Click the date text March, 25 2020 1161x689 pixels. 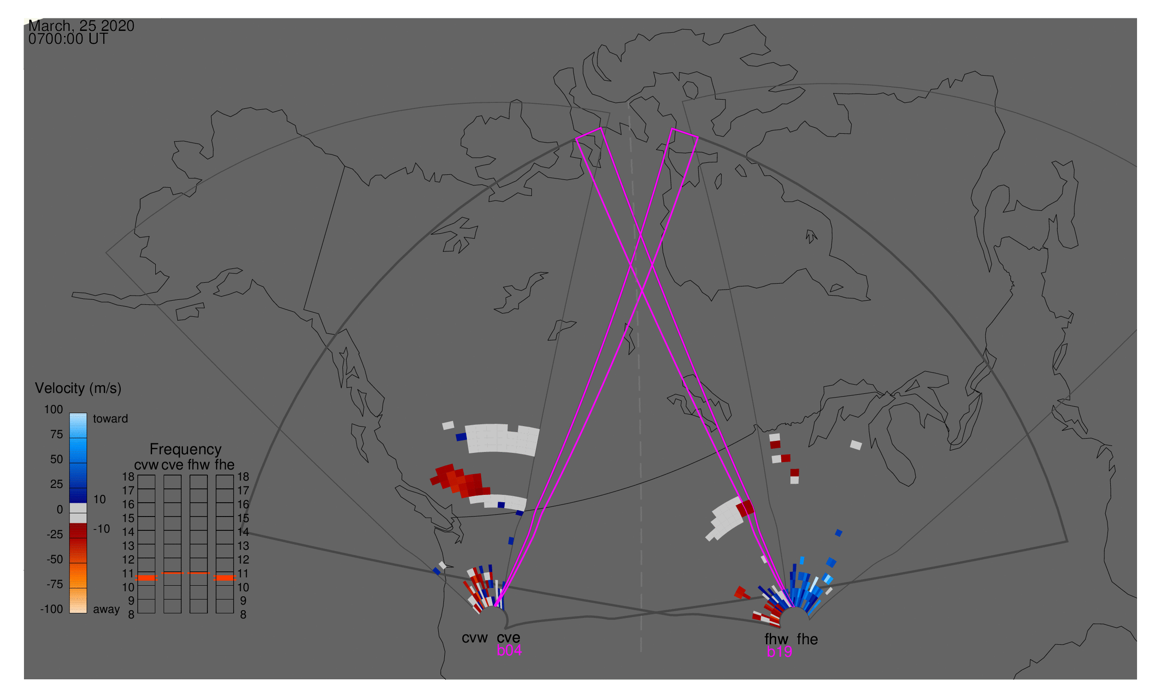coord(81,26)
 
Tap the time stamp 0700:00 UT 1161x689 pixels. coord(68,39)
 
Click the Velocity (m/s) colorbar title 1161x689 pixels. coord(78,389)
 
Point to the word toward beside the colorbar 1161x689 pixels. coord(111,419)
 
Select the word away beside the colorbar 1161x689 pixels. coord(106,610)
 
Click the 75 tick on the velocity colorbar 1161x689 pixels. coord(57,434)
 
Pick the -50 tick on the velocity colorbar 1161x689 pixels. coord(55,559)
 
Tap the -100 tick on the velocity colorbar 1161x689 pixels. coord(52,609)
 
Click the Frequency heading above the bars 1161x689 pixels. coord(186,450)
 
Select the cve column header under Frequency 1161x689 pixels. coord(172,465)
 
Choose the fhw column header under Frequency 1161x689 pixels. coord(199,465)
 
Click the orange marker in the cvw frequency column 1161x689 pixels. coord(147,578)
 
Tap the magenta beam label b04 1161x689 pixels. coord(509,651)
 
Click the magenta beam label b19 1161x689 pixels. coord(779,652)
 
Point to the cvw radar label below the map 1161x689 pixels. coord(475,638)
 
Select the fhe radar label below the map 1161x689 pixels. coord(807,640)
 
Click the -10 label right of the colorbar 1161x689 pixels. coord(101,529)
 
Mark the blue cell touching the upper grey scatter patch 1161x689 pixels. coord(461,437)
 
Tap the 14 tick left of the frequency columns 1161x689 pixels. coord(129,532)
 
